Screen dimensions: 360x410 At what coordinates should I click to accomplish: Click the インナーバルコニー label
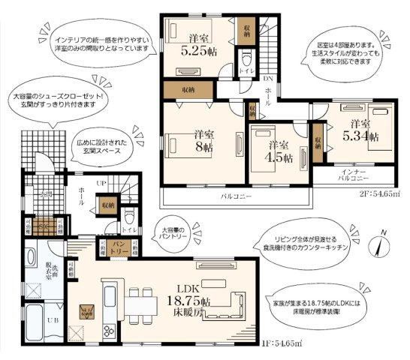click(x=356, y=175)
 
